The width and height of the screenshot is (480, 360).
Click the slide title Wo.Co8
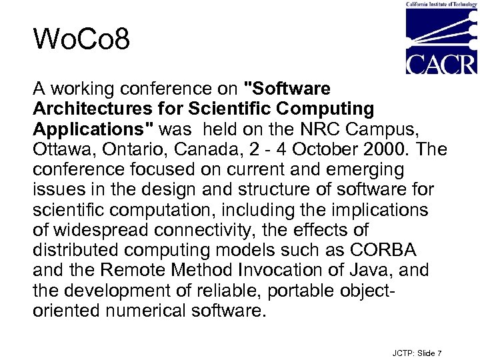(x=81, y=41)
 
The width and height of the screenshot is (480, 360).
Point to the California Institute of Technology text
(x=441, y=4)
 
